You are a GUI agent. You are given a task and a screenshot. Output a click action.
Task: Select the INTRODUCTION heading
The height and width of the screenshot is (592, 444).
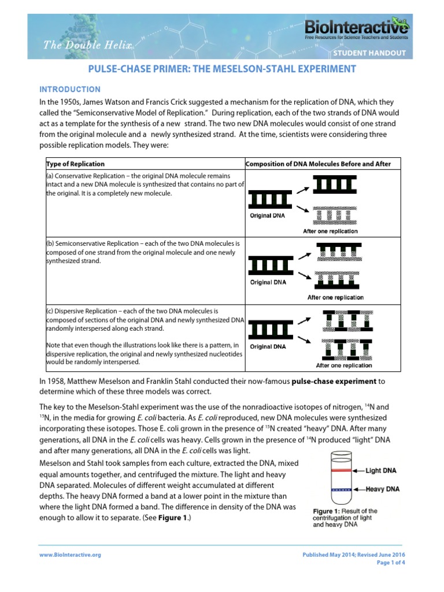pos(69,90)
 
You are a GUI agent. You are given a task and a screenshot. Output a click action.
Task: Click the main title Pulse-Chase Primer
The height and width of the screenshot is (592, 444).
pos(221,69)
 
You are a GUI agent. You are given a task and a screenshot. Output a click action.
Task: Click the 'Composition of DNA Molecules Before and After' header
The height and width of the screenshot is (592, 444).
pos(318,164)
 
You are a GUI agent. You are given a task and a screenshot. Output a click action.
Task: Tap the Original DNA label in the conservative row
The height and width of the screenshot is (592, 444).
pos(268,216)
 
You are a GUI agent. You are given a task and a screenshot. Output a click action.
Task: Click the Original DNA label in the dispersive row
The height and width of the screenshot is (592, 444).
pos(268,347)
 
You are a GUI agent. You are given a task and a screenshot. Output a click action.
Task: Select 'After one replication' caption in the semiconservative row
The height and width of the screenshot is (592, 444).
pos(335,298)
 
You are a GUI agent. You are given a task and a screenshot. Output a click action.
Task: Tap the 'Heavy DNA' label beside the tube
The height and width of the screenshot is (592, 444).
pos(383,490)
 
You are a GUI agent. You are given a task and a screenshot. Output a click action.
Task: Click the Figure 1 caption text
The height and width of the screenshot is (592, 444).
pos(345,518)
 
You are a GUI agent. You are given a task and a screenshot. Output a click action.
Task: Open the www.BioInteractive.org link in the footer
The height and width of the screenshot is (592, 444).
pos(70,554)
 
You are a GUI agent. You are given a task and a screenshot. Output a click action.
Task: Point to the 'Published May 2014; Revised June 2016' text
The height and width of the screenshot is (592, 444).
pos(354,554)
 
